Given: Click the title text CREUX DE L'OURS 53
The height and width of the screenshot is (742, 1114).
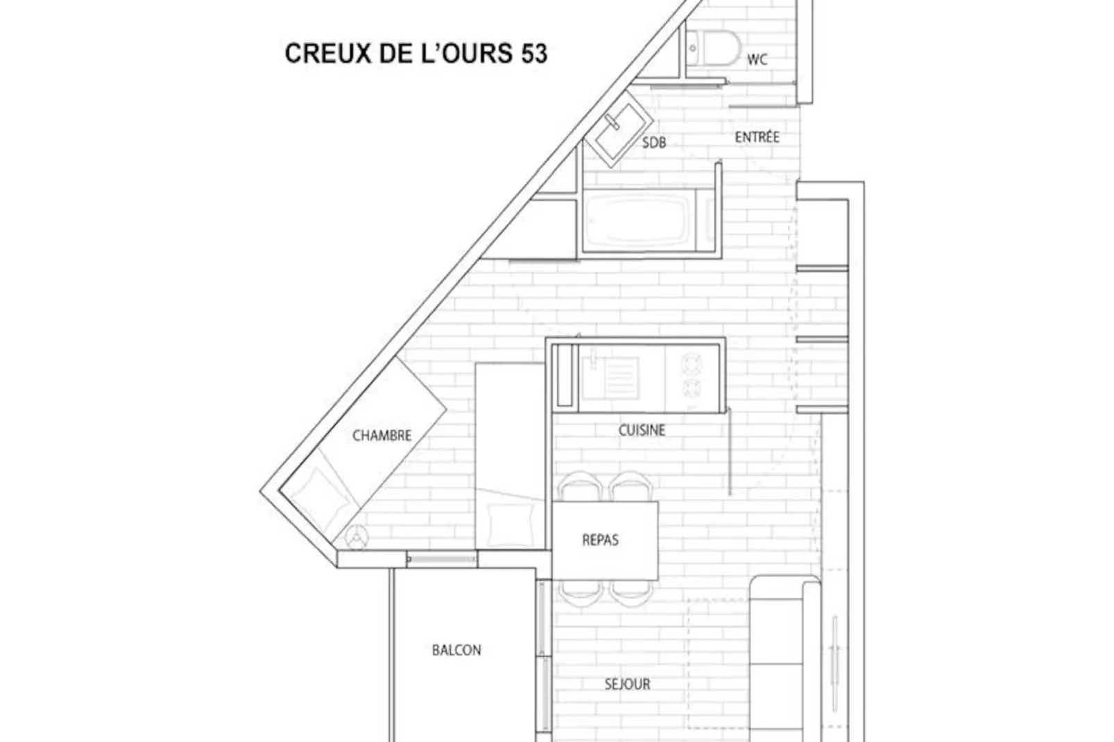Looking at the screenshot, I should coord(416,53).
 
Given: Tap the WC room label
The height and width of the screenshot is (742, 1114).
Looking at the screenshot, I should coord(757,60).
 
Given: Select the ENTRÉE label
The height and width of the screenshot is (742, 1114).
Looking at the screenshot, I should coord(757,137).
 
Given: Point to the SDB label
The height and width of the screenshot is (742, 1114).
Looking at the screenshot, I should coord(653,143).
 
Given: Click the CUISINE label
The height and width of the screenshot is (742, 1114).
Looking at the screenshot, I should coord(642,431).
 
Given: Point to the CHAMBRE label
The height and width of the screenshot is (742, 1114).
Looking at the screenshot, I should coord(382,436).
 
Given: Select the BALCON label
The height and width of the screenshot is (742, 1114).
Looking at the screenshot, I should coord(456,650).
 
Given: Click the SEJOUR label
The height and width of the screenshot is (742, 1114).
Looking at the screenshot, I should coord(627,684).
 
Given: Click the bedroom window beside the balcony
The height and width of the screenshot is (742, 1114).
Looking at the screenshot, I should coord(442,558).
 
